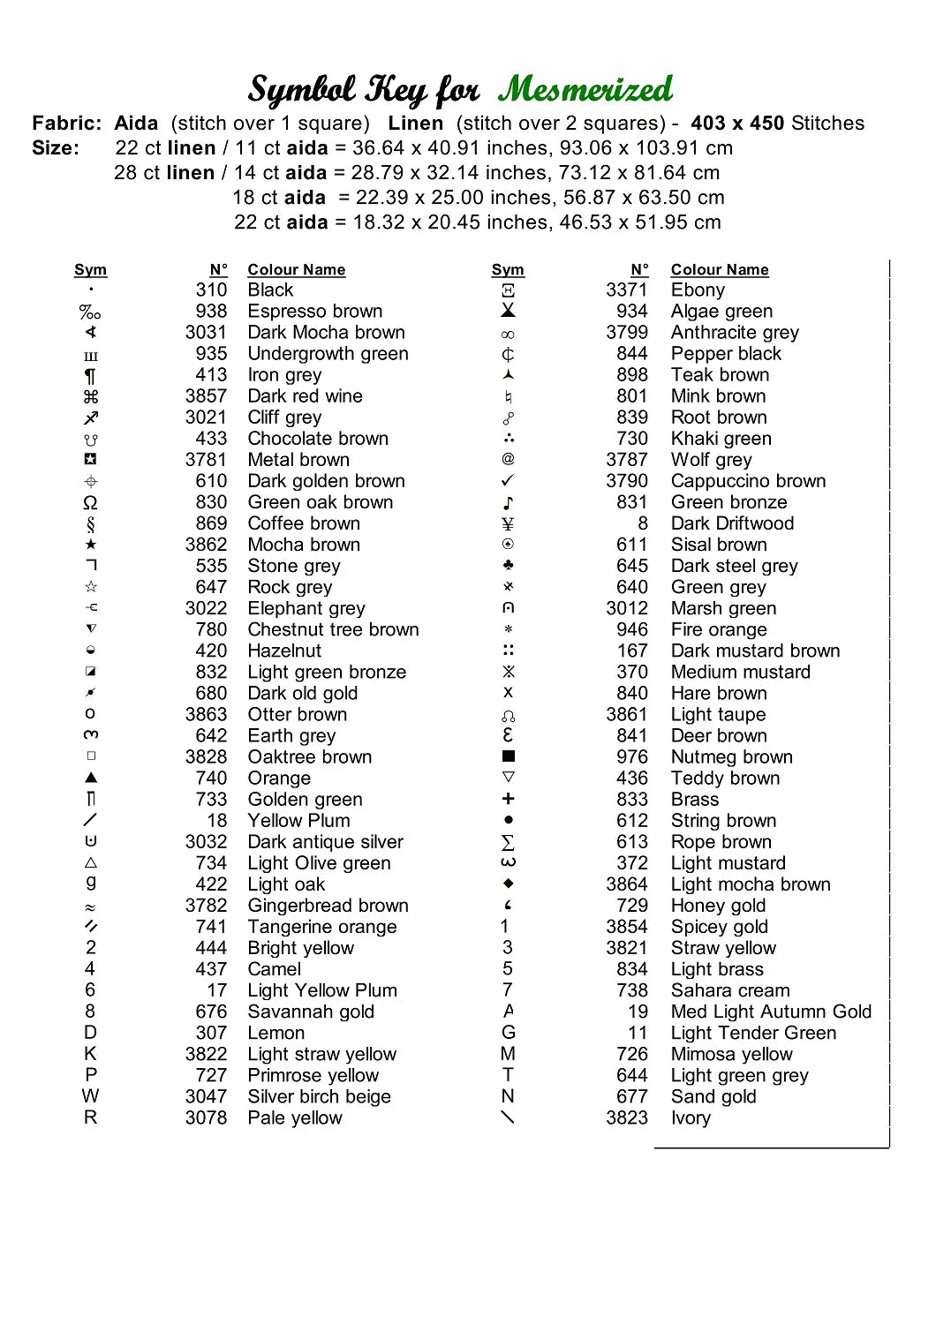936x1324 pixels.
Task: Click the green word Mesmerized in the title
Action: click(x=585, y=89)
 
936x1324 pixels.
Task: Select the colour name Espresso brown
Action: click(x=315, y=312)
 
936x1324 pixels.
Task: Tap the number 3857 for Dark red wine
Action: click(x=206, y=396)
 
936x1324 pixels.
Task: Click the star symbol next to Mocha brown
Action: click(x=91, y=545)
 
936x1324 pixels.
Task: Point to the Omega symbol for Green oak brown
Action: click(x=90, y=503)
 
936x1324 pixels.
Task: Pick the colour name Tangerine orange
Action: click(x=322, y=927)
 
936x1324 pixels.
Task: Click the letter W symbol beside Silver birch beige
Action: click(x=90, y=1096)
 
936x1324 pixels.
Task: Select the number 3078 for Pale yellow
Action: click(x=206, y=1118)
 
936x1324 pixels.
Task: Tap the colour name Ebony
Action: click(x=698, y=290)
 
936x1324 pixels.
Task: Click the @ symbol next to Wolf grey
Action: click(x=508, y=459)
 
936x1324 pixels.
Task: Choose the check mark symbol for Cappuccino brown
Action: click(x=508, y=481)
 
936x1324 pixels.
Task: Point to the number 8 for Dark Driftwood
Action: click(x=643, y=523)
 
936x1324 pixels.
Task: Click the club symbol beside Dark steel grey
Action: click(x=508, y=565)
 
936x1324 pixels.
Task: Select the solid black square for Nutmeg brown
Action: click(x=509, y=756)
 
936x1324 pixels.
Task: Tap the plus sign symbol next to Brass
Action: click(x=508, y=799)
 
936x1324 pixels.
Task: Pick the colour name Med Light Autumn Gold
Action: click(x=771, y=1012)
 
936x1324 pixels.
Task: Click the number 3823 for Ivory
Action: click(x=627, y=1118)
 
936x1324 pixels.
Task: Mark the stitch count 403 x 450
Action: click(x=737, y=124)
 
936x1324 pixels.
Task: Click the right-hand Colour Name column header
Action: click(x=720, y=270)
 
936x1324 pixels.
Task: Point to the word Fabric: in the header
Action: click(x=67, y=124)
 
